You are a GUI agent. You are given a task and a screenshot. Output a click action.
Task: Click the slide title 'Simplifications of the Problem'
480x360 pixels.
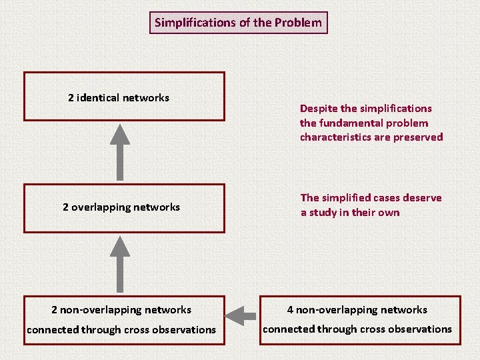(238, 23)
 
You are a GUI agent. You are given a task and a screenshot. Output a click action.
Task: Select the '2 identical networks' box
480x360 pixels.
(124, 97)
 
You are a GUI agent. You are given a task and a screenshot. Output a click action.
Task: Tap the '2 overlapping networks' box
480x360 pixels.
(124, 207)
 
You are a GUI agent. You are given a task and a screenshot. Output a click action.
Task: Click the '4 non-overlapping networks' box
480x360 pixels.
(360, 319)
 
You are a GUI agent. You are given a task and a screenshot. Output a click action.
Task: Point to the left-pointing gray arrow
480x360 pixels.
(241, 313)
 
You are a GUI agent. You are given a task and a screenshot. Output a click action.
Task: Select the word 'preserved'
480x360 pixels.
(419, 137)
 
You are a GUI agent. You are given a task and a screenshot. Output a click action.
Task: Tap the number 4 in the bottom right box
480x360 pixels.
(290, 310)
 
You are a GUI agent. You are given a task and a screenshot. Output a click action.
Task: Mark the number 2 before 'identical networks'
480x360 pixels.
(71, 98)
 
